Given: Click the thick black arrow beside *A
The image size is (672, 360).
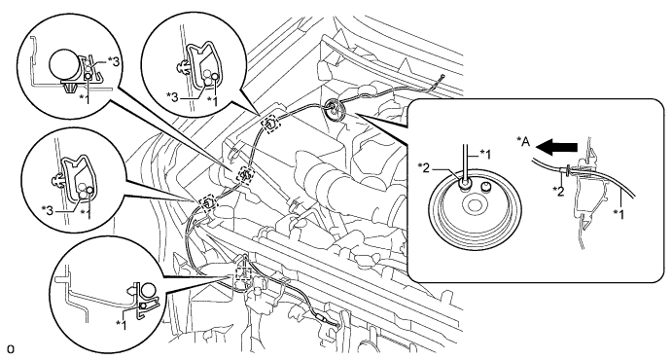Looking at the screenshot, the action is pyautogui.click(x=556, y=148).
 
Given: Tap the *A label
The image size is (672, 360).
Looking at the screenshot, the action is pyautogui.click(x=522, y=143).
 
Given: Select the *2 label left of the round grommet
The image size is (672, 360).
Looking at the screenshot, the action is pyautogui.click(x=425, y=167).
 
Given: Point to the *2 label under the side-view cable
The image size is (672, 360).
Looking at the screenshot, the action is pyautogui.click(x=558, y=191).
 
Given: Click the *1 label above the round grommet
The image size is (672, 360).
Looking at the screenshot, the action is pyautogui.click(x=484, y=153).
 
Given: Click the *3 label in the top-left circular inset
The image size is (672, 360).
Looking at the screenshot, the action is pyautogui.click(x=113, y=62).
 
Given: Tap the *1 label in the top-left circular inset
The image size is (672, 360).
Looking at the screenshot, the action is pyautogui.click(x=86, y=98).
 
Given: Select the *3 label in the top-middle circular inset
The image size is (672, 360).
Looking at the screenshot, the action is pyautogui.click(x=173, y=97).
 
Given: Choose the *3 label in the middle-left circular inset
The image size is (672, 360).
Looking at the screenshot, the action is pyautogui.click(x=48, y=210).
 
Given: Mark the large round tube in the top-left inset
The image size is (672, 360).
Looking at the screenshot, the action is pyautogui.click(x=65, y=65).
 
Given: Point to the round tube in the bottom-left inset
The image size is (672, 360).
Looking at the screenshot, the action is pyautogui.click(x=148, y=291).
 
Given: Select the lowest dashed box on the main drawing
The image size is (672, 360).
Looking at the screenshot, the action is pyautogui.click(x=243, y=272).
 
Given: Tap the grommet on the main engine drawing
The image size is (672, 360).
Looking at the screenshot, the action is pyautogui.click(x=335, y=108).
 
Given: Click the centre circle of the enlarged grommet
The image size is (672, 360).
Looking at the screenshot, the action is pyautogui.click(x=474, y=205).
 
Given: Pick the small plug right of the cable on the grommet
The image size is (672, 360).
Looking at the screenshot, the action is pyautogui.click(x=485, y=187).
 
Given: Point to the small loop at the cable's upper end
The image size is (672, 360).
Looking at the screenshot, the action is pyautogui.click(x=441, y=78).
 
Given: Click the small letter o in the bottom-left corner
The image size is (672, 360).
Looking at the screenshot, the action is pyautogui.click(x=11, y=349).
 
